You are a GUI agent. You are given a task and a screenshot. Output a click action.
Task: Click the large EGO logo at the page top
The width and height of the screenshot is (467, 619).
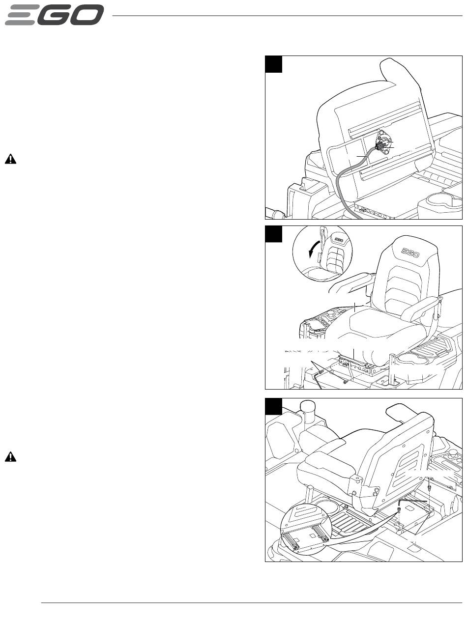point(54,15)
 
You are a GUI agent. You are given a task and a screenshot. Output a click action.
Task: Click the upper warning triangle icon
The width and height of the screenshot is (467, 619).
point(10,159)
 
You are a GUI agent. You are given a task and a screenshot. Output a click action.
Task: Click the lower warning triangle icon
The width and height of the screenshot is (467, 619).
point(10,456)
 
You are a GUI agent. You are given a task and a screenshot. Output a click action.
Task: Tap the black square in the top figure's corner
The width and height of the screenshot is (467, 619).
point(274,64)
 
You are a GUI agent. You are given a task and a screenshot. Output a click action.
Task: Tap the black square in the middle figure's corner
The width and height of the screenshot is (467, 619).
point(274,234)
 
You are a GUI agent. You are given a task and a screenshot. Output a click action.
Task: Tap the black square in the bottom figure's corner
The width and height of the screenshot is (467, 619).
point(274,406)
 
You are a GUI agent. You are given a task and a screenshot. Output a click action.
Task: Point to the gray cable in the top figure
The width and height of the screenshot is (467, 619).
point(349,183)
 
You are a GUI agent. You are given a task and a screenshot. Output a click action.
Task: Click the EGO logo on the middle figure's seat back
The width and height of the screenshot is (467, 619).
point(410,253)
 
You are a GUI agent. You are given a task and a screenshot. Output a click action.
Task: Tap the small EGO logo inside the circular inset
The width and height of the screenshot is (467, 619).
point(339,240)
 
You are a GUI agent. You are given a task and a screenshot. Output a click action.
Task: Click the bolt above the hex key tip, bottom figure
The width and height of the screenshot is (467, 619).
point(429,487)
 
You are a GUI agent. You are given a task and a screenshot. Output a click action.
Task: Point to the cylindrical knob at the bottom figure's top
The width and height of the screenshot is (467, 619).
point(307,407)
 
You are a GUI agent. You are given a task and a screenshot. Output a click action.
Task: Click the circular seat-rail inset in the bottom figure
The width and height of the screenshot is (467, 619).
point(305,530)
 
